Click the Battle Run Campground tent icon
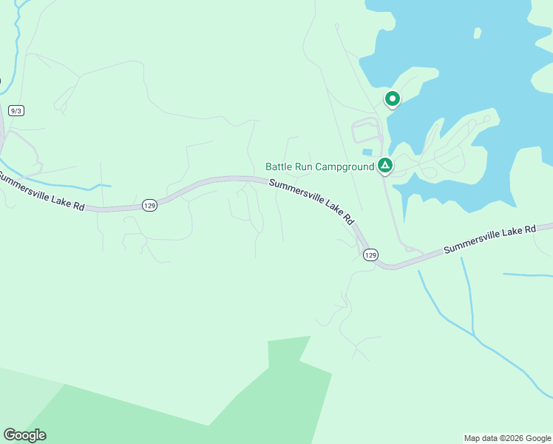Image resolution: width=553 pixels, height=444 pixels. (x=384, y=165)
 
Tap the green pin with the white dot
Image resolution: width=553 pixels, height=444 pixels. (x=392, y=98)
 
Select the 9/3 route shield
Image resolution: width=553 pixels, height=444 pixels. (x=16, y=110)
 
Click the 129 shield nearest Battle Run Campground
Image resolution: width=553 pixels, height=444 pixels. (x=370, y=255)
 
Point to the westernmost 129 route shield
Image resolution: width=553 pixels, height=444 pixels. (x=149, y=205)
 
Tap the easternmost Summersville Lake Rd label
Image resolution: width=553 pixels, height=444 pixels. (x=489, y=240)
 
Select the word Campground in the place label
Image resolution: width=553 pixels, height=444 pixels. (x=345, y=166)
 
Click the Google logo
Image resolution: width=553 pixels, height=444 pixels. (x=24, y=435)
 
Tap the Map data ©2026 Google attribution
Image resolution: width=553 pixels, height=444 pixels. (x=506, y=438)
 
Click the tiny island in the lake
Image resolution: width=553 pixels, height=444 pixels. (x=478, y=33)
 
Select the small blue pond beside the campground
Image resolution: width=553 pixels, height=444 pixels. (x=367, y=152)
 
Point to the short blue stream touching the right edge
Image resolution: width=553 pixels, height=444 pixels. (x=527, y=275)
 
